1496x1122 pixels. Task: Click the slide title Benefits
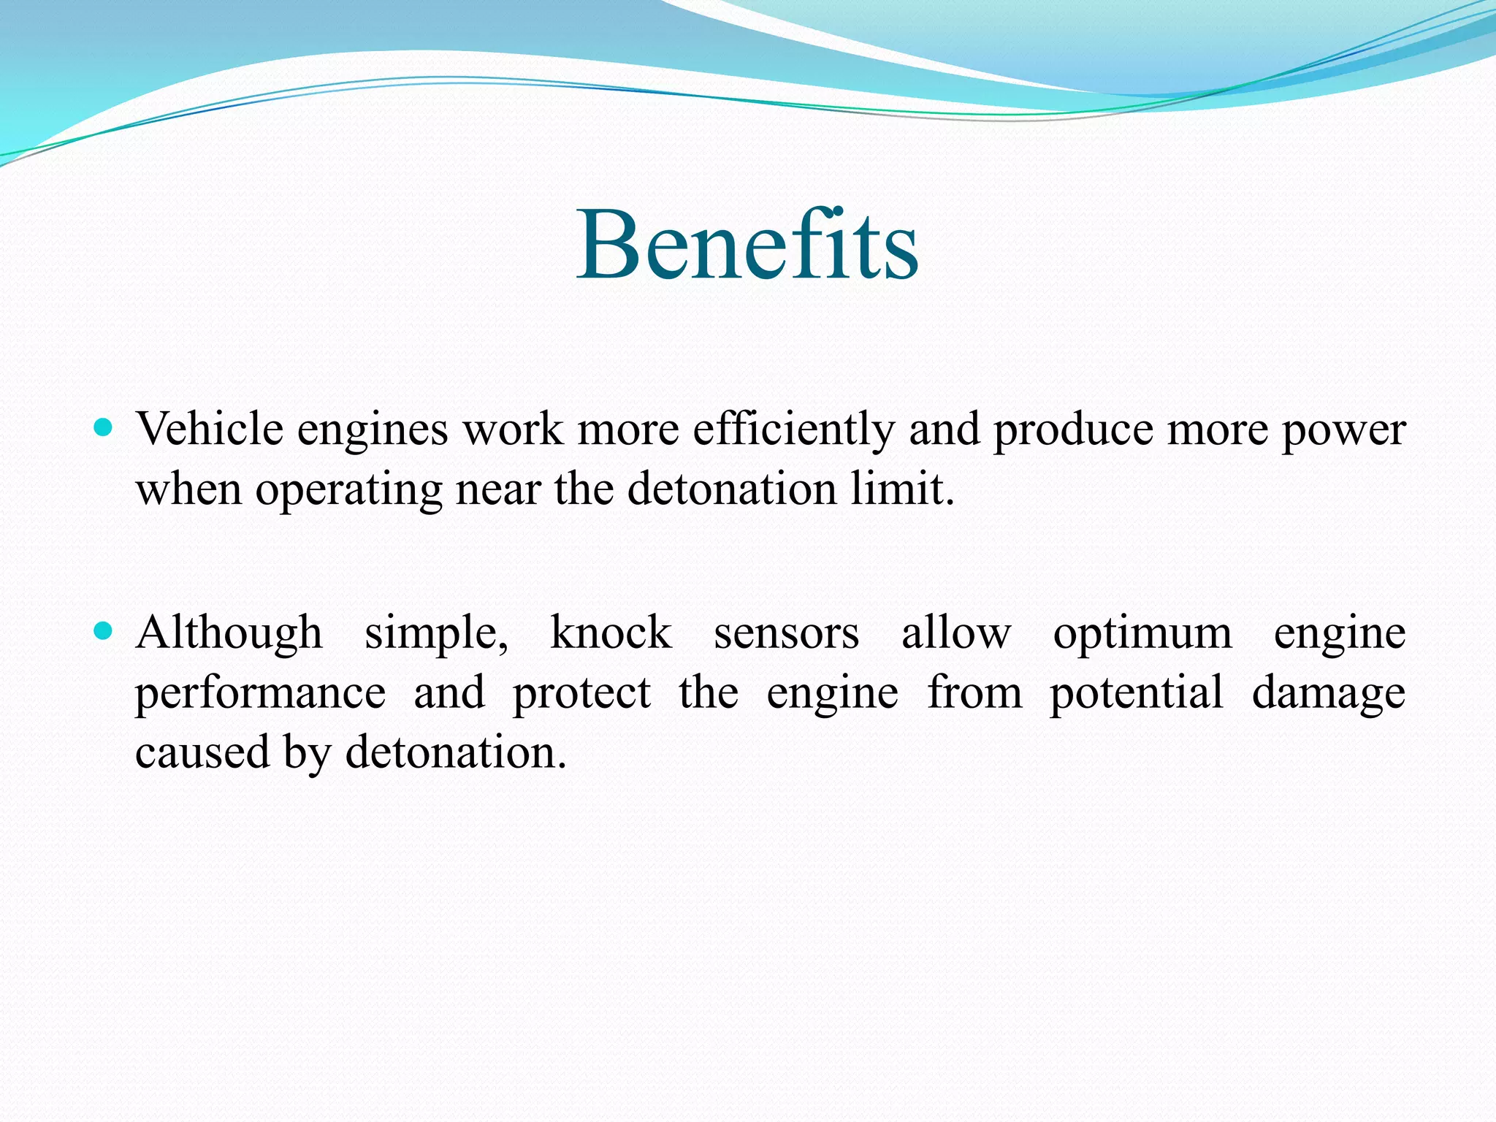click(747, 245)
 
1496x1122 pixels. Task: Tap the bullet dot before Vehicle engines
click(104, 427)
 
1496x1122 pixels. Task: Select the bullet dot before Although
click(104, 630)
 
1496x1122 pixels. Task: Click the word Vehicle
click(210, 429)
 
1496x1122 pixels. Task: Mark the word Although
click(229, 634)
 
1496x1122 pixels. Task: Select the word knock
click(611, 633)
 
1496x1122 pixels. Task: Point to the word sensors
click(786, 634)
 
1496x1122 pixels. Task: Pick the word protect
click(581, 694)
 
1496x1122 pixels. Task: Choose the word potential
click(1137, 694)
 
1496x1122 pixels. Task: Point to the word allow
click(956, 633)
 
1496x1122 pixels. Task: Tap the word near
click(498, 489)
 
